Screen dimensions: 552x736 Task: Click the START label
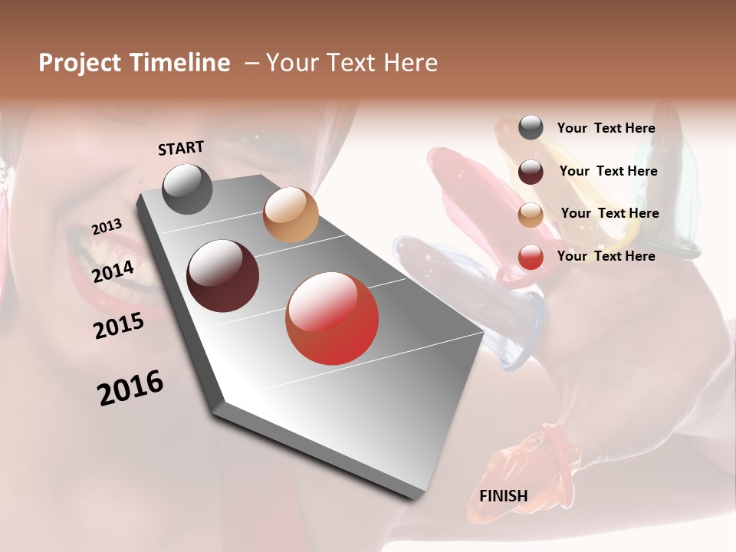click(x=181, y=148)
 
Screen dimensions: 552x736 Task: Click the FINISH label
click(x=504, y=496)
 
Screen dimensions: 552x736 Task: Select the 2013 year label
click(x=107, y=227)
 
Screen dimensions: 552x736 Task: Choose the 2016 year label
click(x=130, y=388)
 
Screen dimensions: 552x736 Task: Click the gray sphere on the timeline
click(x=187, y=189)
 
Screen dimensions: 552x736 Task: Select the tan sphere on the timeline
click(x=291, y=215)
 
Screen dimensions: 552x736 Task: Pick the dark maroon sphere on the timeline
click(x=223, y=276)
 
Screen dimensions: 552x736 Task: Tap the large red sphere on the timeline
click(x=332, y=318)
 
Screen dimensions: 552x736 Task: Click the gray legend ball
click(x=531, y=128)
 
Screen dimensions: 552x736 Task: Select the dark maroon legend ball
click(x=531, y=172)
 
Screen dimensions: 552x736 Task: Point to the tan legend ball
click(x=531, y=215)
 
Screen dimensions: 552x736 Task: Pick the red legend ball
click(x=531, y=257)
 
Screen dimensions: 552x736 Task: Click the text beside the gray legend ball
click(x=606, y=129)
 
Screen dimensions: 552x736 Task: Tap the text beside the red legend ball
click(x=606, y=256)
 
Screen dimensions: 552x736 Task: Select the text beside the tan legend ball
click(x=609, y=213)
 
